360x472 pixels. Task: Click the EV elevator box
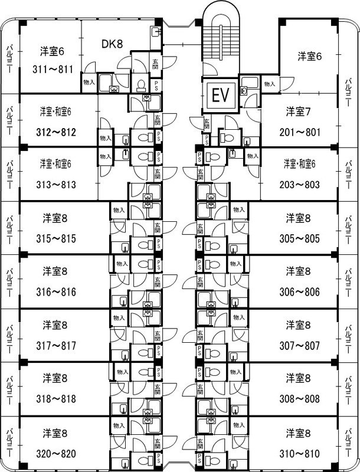point(220,94)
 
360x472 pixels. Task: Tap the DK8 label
point(112,43)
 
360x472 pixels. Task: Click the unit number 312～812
point(55,132)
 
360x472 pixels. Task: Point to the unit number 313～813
point(55,184)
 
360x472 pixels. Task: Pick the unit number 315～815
point(55,238)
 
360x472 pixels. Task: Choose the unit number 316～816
point(55,291)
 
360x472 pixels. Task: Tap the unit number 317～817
point(55,345)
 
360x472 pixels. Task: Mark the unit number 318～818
point(55,398)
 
